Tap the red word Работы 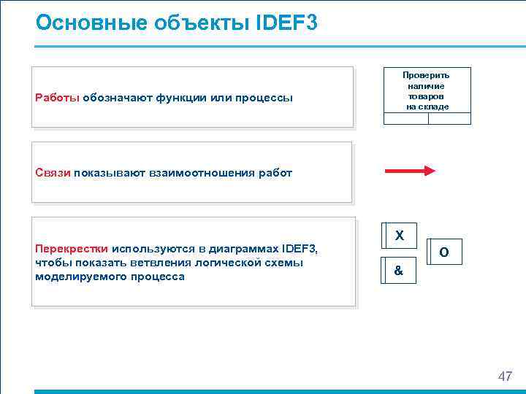[x=57, y=98]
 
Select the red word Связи [x=53, y=173]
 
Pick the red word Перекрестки [x=72, y=248]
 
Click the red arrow [x=410, y=171]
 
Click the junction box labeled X [x=399, y=236]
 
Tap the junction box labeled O [x=444, y=252]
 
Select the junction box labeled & [x=398, y=271]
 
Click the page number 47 [x=505, y=376]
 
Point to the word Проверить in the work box [x=427, y=75]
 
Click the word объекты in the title [x=183, y=23]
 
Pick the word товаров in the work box [x=427, y=96]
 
